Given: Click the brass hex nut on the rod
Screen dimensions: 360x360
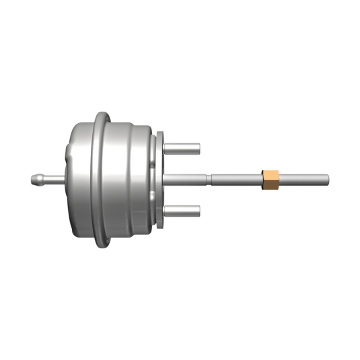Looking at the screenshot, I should click(271, 179).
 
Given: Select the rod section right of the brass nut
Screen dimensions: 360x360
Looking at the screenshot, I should click(303, 179).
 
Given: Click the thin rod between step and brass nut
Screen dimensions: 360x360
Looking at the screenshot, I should click(236, 179).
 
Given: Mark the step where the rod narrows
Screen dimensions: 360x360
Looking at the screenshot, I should click(210, 179).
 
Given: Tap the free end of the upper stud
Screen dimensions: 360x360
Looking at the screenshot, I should click(199, 147).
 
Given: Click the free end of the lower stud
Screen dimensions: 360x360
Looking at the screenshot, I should click(199, 211).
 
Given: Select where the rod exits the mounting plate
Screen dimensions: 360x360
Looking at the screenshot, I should click(166, 179).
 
